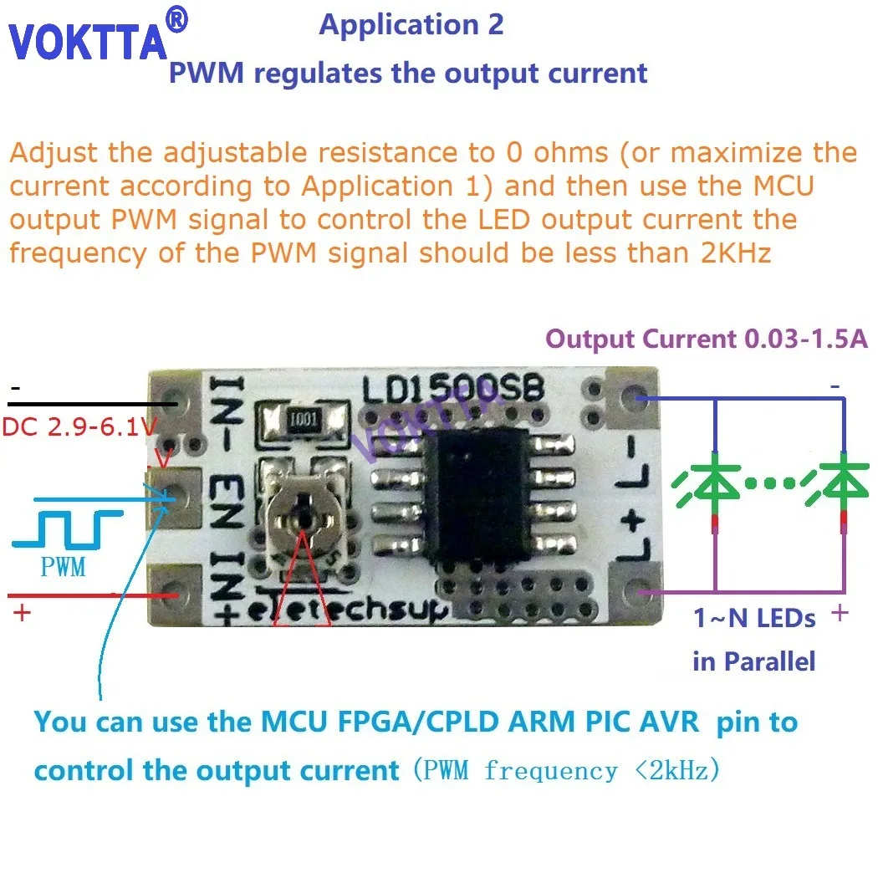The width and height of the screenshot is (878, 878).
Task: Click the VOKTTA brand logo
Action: [88, 42]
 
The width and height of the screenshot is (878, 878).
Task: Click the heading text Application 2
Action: [411, 24]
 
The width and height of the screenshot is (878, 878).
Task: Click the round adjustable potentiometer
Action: [304, 517]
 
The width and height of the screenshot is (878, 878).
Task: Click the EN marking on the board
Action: [229, 493]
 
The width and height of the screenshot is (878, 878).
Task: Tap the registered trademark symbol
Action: [178, 18]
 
